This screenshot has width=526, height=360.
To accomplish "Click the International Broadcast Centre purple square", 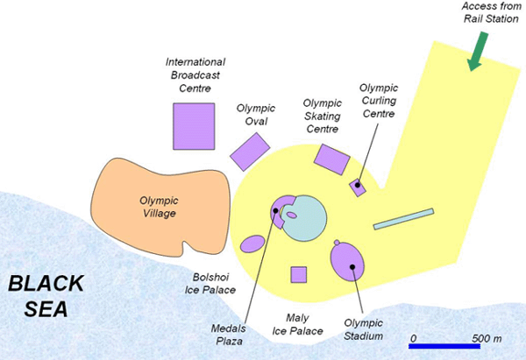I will [x=194, y=125].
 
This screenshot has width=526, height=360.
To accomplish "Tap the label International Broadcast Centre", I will [x=195, y=75].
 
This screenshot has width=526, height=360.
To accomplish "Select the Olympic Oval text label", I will [x=256, y=115].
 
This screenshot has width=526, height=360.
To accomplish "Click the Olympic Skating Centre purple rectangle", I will [x=332, y=159].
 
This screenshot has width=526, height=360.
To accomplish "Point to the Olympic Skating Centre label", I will [x=322, y=116].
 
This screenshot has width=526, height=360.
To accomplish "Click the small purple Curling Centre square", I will [x=358, y=187].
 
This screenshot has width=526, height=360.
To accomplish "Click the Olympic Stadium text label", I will [x=364, y=329].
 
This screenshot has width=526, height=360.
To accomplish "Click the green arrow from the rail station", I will [x=478, y=51].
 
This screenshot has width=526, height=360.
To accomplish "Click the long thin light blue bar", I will [x=403, y=219].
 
